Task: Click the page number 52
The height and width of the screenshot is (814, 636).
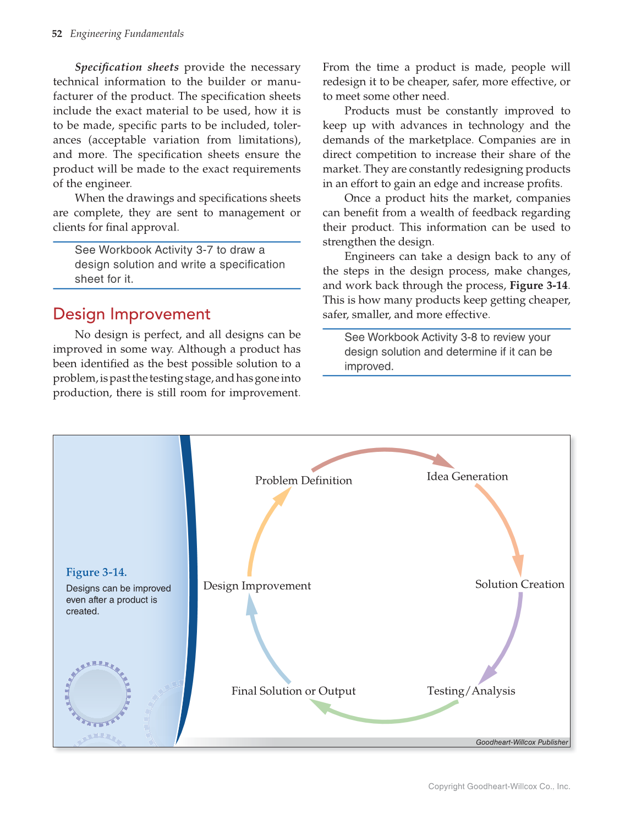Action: click(x=57, y=34)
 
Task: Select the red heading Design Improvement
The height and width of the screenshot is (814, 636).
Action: click(x=131, y=314)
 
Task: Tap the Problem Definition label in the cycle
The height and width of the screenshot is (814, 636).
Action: click(x=303, y=480)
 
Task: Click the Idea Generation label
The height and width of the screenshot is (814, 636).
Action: click(x=467, y=477)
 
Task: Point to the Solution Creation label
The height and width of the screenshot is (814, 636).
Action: click(x=519, y=584)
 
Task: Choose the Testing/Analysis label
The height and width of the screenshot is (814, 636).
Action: click(x=471, y=691)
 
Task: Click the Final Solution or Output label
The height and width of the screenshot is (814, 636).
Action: click(x=293, y=691)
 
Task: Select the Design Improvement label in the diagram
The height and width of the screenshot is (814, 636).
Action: click(x=257, y=586)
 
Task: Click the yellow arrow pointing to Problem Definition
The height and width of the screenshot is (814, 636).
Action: click(x=261, y=528)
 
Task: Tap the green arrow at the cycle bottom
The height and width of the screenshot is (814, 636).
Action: click(x=385, y=719)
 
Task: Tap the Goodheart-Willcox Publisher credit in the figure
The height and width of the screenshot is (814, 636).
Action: click(x=522, y=742)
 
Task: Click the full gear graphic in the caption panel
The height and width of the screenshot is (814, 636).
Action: click(x=98, y=692)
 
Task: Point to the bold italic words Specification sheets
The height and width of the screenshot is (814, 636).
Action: click(x=127, y=67)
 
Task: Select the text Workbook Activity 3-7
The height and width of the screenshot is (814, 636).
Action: click(x=156, y=250)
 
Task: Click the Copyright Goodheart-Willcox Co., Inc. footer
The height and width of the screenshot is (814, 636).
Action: click(x=499, y=786)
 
